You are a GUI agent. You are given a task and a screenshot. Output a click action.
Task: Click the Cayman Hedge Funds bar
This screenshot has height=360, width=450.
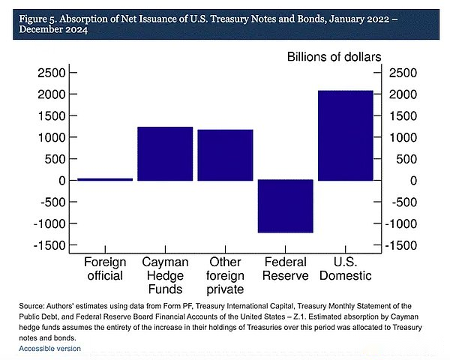[165, 154]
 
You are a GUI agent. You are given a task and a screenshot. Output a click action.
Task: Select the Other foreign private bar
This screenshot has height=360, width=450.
[225, 155]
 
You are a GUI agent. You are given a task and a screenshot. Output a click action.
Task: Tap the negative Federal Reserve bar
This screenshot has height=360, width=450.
[285, 206]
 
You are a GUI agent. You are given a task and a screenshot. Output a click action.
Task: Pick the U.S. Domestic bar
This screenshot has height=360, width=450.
[345, 136]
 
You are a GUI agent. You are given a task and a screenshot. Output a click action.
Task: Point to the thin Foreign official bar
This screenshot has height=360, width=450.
[105, 179]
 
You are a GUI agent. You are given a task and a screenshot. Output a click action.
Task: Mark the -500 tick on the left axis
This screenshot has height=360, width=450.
[46, 202]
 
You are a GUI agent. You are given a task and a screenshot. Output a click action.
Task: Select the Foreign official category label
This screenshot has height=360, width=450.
[105, 268]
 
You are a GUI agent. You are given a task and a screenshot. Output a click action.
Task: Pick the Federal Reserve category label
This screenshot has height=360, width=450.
[285, 268]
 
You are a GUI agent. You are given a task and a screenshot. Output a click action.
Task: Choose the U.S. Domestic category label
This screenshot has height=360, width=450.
[345, 268]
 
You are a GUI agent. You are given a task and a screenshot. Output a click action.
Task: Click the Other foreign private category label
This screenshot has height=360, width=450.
[225, 275]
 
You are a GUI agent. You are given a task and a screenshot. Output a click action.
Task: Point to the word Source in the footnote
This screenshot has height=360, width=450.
[32, 307]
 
